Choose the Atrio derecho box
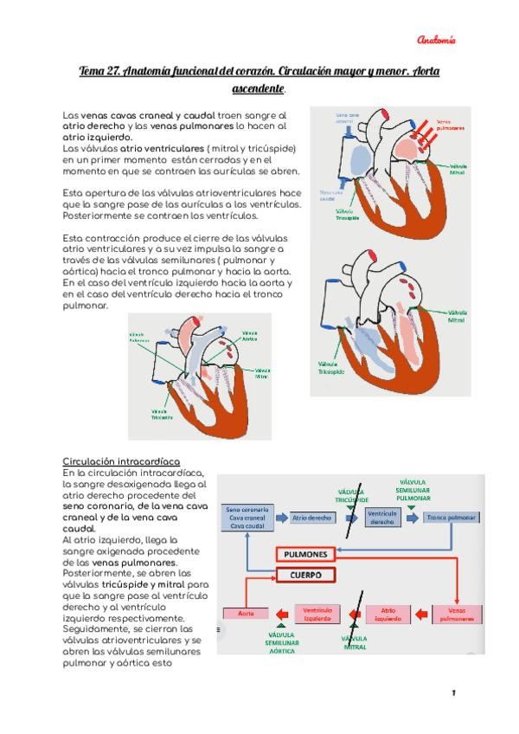click(x=312, y=518)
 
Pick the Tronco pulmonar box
click(x=451, y=518)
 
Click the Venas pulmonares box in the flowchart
click(x=457, y=615)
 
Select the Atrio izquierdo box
click(x=388, y=614)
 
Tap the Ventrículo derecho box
click(x=381, y=518)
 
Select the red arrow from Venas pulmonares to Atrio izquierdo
click(x=421, y=614)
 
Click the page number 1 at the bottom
click(x=453, y=693)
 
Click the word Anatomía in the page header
click(x=436, y=40)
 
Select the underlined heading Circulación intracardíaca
click(x=122, y=461)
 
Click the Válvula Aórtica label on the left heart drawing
click(x=250, y=337)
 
